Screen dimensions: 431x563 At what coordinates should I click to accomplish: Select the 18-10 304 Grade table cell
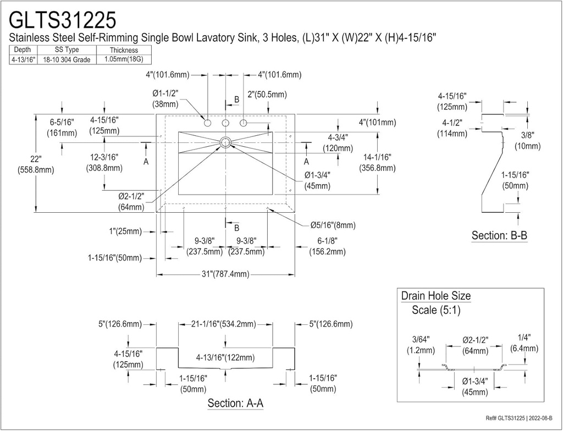(67, 59)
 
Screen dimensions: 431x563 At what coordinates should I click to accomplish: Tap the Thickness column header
(124, 50)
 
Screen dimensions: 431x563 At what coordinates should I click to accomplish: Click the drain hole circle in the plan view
(225, 142)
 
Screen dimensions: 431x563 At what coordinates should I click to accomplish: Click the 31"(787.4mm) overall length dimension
(225, 274)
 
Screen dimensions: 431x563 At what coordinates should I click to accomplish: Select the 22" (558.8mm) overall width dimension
(36, 164)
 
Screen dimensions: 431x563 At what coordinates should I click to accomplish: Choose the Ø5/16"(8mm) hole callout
(333, 225)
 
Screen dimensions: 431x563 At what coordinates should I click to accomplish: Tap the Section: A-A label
(235, 403)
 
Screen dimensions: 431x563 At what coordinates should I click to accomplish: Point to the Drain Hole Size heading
(435, 296)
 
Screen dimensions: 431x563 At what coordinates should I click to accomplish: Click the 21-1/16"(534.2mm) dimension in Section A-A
(222, 324)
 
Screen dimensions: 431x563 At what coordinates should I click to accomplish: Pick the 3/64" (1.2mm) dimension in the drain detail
(421, 345)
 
